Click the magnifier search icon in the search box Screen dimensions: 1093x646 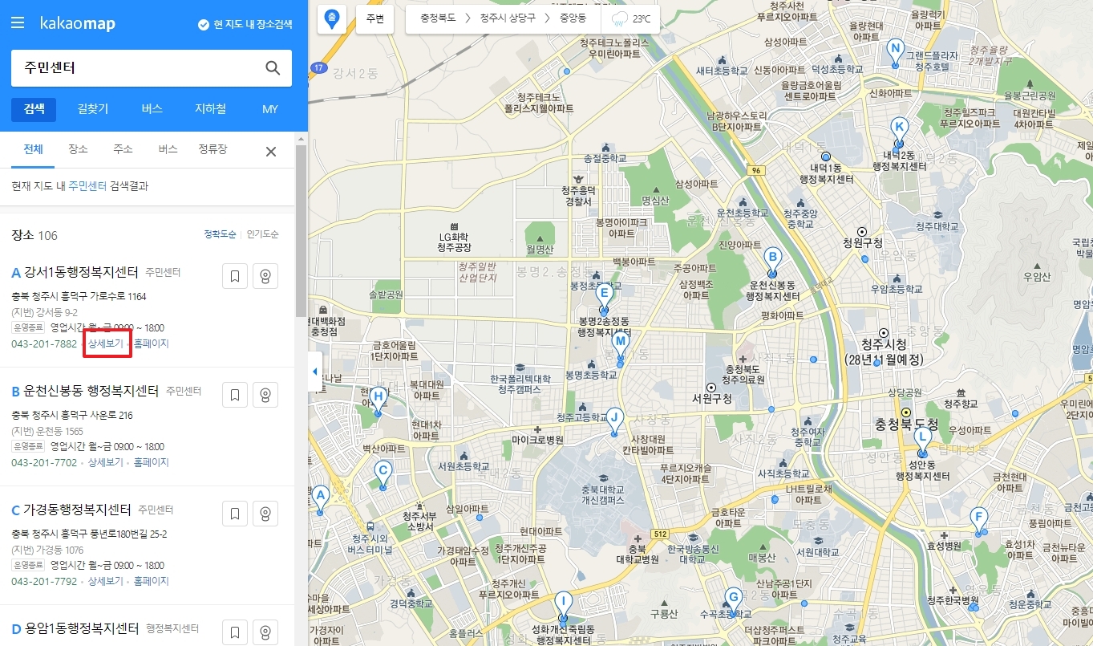click(273, 68)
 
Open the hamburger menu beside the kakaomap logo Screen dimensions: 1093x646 click(18, 23)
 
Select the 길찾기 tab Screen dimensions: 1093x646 click(93, 109)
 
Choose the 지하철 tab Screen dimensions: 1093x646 click(210, 109)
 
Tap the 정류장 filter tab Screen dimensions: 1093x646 click(213, 149)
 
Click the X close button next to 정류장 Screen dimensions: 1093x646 click(271, 152)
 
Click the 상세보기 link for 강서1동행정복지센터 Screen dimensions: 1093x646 click(106, 343)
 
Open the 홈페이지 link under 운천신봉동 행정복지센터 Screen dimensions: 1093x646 click(151, 462)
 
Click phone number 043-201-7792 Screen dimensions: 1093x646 click(44, 581)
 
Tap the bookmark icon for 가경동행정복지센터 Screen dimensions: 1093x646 click(235, 513)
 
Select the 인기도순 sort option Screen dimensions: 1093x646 click(263, 234)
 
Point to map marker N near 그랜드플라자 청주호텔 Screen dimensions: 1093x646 click(895, 50)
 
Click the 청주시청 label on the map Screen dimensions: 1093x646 click(884, 346)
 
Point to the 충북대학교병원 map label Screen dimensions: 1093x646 click(638, 554)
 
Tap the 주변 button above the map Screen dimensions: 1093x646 click(374, 18)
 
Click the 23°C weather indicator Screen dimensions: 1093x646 click(631, 18)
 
